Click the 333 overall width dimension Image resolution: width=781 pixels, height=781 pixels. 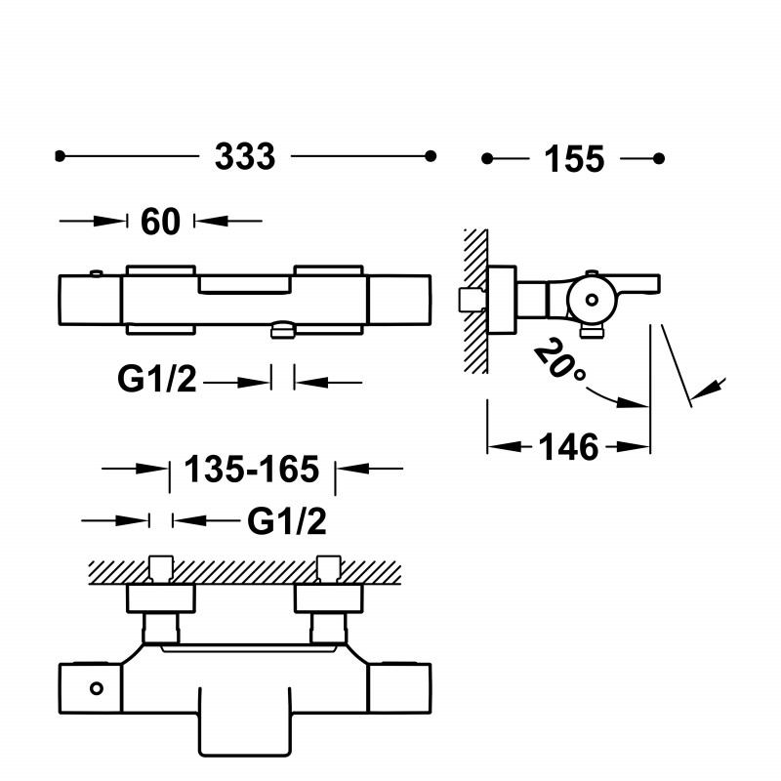(245, 156)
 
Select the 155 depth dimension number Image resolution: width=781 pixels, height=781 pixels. (574, 159)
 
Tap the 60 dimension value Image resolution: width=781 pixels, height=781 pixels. (160, 222)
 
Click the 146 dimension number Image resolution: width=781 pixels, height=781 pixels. (568, 447)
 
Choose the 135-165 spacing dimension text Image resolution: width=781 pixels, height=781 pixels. (252, 470)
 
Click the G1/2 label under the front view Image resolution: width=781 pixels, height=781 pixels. (157, 379)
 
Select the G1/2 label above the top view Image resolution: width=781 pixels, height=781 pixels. (287, 522)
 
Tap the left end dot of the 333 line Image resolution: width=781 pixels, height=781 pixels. (60, 156)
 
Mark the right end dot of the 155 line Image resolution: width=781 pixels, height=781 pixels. (659, 158)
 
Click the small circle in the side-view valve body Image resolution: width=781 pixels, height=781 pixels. (592, 300)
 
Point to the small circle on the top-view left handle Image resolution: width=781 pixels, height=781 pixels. (96, 689)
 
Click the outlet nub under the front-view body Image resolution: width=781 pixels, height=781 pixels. (282, 330)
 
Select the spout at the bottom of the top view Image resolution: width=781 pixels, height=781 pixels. (245, 722)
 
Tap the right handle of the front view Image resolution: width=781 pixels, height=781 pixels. (399, 300)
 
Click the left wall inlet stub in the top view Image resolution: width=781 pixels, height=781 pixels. (161, 568)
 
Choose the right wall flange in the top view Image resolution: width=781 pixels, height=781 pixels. (329, 598)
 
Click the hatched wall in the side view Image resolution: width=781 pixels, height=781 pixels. (475, 301)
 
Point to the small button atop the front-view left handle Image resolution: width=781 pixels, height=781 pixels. (96, 273)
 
